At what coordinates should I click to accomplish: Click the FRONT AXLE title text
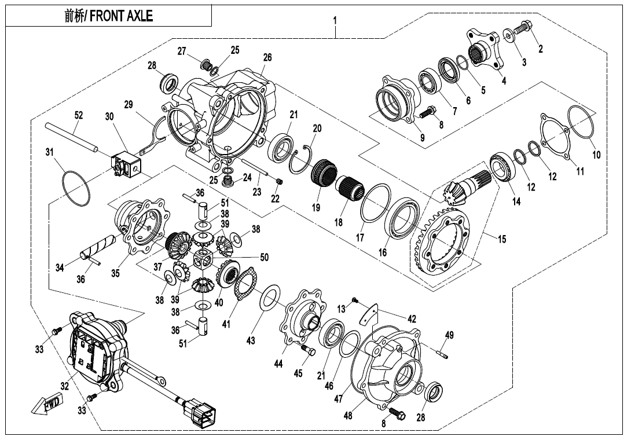coord(109,16)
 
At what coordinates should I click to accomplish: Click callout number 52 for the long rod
coord(79,115)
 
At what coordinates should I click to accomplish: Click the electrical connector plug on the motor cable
coord(203,413)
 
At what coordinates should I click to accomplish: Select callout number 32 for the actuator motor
coord(65,386)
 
